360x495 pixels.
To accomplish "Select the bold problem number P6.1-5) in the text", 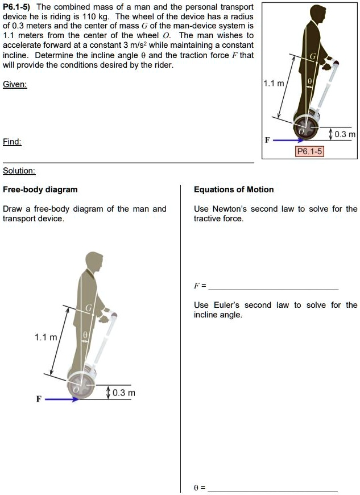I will tap(18, 6).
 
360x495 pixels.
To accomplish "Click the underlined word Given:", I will tap(15, 84).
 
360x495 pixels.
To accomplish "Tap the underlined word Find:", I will tap(13, 142).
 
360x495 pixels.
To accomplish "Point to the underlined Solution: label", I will tap(19, 171).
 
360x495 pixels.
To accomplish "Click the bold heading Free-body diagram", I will tap(40, 189).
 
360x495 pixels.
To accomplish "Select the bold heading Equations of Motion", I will tap(234, 189).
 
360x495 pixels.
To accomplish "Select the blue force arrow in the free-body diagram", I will tap(61, 399).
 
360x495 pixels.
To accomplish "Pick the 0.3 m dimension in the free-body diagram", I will tap(124, 393).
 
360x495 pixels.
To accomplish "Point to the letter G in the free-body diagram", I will tap(89, 307).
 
